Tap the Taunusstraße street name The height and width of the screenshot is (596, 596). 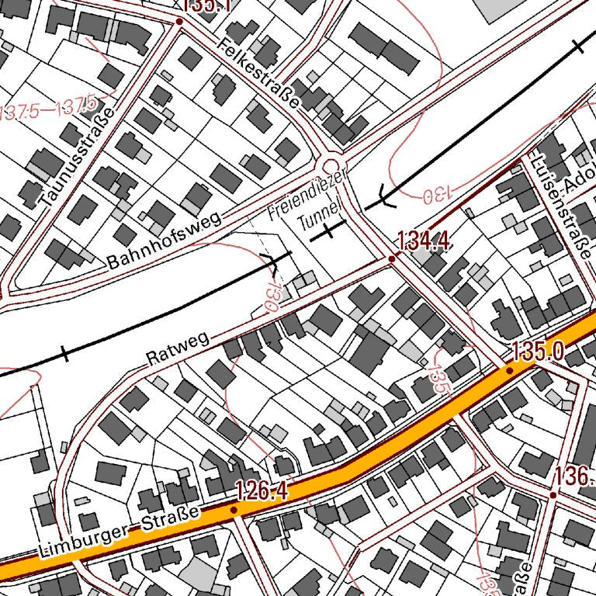click(78, 156)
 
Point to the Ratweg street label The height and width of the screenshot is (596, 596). click(178, 350)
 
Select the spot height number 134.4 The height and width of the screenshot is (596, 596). click(424, 241)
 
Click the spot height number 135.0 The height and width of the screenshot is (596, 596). click(537, 351)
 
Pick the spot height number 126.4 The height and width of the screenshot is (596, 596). click(262, 490)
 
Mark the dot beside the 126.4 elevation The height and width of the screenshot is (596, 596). click(234, 510)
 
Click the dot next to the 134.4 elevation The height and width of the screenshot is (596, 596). click(393, 259)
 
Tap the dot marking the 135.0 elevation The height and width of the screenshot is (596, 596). click(509, 370)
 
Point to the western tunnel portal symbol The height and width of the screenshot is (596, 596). click(272, 264)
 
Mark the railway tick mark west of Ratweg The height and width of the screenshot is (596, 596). click(64, 355)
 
